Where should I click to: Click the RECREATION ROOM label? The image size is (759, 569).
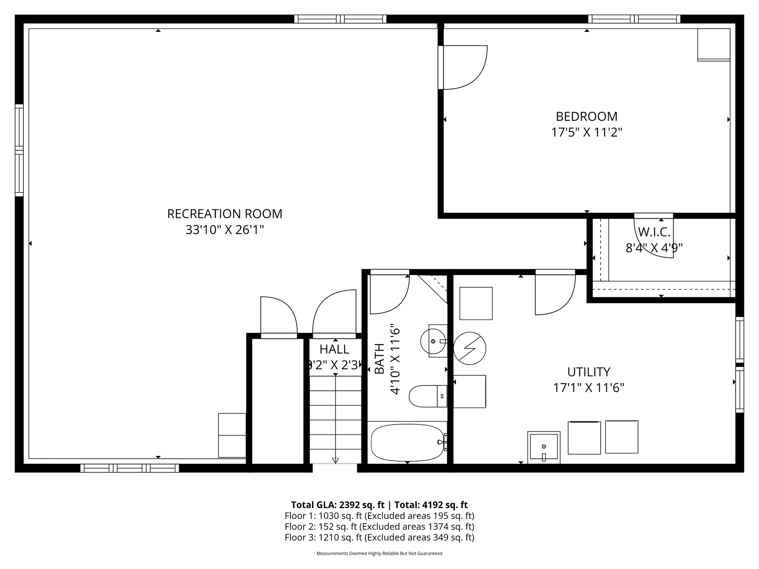(224, 214)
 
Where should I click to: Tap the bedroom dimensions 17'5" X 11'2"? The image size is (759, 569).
(586, 132)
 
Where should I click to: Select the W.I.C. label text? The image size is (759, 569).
(654, 232)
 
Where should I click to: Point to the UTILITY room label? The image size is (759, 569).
(589, 372)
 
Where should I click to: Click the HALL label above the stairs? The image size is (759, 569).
(334, 349)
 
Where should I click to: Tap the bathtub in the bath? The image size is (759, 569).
(408, 443)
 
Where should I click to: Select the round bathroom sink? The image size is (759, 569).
(433, 341)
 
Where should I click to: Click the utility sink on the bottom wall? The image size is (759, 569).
(544, 447)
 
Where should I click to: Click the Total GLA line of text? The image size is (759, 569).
(379, 505)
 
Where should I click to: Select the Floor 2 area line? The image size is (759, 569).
(379, 527)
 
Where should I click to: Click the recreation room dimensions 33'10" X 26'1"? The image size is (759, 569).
(225, 230)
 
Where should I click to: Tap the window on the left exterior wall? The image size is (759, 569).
(19, 150)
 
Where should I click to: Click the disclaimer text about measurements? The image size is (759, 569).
(379, 553)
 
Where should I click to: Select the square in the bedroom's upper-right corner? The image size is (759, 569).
(714, 44)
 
